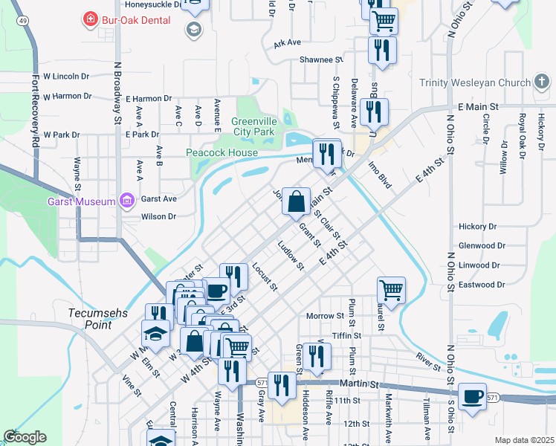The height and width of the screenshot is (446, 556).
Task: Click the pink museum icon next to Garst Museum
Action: (x=126, y=201)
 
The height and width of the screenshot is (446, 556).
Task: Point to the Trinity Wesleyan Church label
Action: (x=475, y=83)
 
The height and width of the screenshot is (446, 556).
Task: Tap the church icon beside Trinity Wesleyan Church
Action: (x=542, y=83)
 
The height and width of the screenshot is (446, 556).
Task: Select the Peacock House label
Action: (x=222, y=153)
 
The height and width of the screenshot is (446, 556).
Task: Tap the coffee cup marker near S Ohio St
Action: (x=472, y=396)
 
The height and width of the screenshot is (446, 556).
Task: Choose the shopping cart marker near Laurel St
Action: (x=391, y=288)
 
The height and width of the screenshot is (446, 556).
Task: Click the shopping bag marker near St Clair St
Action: (x=296, y=201)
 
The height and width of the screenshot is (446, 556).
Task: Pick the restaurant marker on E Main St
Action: (x=373, y=111)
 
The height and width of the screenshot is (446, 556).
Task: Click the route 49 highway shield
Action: (x=25, y=22)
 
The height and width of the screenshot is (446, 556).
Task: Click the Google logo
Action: (x=25, y=437)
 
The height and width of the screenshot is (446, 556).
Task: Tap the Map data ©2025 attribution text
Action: (x=523, y=440)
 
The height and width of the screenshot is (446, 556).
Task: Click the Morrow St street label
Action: (x=324, y=316)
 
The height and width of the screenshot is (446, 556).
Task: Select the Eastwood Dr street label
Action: (x=481, y=285)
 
